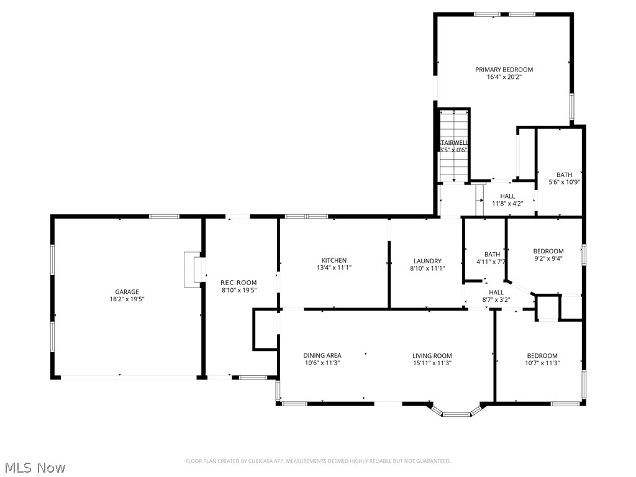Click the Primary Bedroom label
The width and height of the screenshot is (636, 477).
pos(504,70)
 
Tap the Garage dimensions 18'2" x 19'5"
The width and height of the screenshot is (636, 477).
pos(127,299)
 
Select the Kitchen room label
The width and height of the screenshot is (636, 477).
pos(334,260)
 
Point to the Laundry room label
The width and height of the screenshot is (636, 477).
pos(427,261)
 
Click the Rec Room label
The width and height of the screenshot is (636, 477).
pos(239,283)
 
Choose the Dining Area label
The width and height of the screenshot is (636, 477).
pos(322,356)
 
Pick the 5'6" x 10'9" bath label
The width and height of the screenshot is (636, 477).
pos(564,175)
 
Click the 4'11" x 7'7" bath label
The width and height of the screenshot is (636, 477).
pos(492,254)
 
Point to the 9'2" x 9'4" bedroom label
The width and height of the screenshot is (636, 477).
pos(548,251)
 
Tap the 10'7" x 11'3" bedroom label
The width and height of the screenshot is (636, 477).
pos(542,356)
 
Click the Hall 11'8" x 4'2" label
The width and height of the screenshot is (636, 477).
pos(507,196)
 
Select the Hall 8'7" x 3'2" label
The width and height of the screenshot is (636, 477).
pos(496,292)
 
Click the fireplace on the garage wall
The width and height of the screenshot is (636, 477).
pos(193,270)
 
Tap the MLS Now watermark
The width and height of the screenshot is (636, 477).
pos(34,467)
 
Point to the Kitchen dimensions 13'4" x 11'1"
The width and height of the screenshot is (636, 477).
pos(334,268)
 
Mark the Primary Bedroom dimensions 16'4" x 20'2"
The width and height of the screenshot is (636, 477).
pos(504,77)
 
